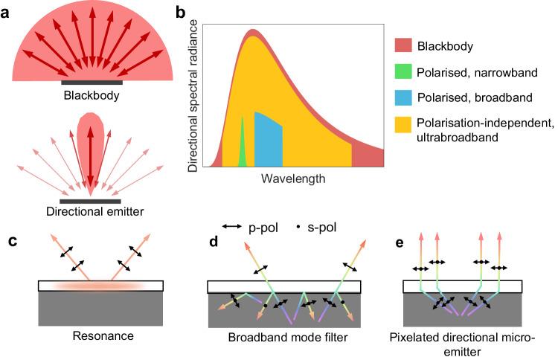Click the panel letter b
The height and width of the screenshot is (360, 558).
(x=179, y=11)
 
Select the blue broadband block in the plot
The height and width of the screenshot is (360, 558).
(x=268, y=141)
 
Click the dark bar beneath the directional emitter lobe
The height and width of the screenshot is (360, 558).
(x=90, y=200)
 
